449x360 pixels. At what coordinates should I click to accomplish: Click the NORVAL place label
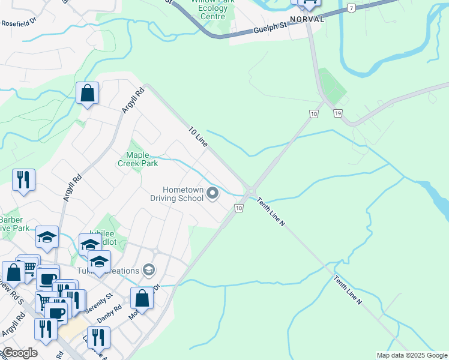[307, 19]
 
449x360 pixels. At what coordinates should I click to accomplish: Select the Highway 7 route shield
[351, 8]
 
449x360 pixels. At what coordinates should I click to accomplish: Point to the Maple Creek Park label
[137, 159]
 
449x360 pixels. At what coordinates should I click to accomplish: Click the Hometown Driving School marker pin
[212, 193]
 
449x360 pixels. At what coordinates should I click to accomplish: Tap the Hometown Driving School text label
[177, 194]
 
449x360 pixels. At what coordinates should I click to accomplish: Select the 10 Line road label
[197, 137]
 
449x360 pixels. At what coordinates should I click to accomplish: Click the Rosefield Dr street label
[19, 23]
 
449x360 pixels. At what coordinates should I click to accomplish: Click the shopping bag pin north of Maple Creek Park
[87, 94]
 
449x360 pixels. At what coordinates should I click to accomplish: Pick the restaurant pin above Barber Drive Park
[23, 179]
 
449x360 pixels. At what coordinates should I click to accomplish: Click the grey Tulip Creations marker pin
[148, 271]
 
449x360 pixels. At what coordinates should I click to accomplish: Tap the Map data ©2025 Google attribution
[412, 355]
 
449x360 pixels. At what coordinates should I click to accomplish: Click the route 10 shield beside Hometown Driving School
[238, 208]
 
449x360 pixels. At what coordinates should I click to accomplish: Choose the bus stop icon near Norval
[309, 3]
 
